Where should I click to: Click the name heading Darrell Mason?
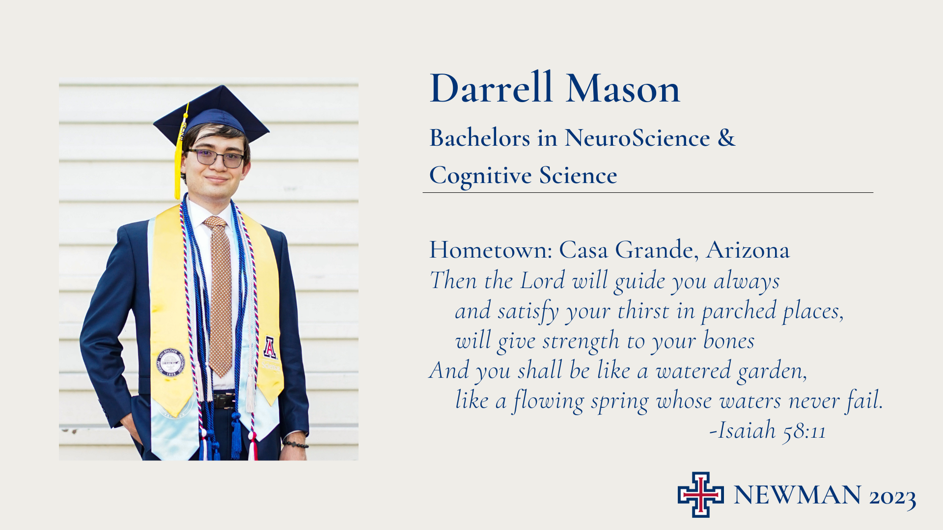click(555, 88)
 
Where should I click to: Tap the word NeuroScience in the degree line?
click(637, 138)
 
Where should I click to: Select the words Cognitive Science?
click(523, 176)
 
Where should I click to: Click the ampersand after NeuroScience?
click(726, 137)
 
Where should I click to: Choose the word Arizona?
click(748, 250)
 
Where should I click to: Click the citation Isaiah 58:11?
click(768, 430)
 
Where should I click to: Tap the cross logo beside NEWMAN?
click(700, 495)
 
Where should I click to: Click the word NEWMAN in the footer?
click(798, 495)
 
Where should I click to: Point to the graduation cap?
click(211, 115)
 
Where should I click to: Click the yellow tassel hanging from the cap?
click(179, 157)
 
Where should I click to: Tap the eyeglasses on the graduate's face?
click(217, 158)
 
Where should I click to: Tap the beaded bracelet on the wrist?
click(296, 444)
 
